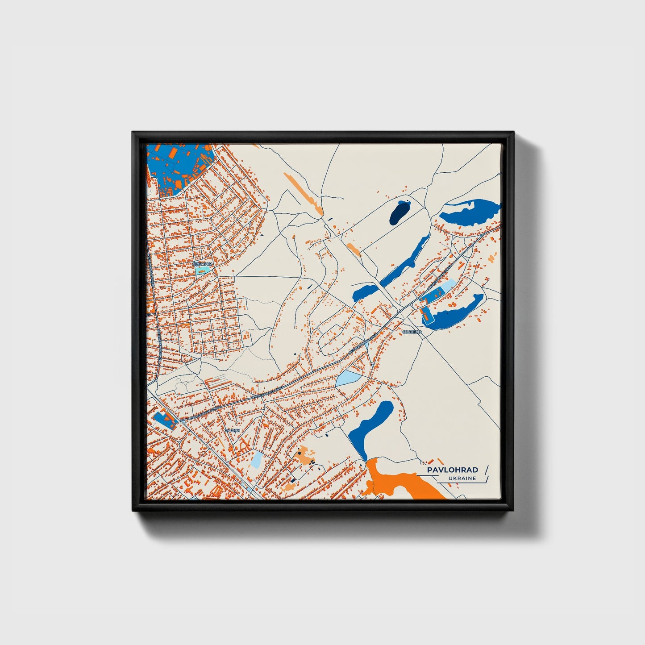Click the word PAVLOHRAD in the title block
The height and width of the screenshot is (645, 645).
452,470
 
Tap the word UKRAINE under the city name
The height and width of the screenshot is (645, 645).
463,479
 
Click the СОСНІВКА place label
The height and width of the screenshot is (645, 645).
412,332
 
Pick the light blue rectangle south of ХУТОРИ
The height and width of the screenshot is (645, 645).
257,459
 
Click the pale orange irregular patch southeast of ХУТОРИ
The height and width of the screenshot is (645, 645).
306,455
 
